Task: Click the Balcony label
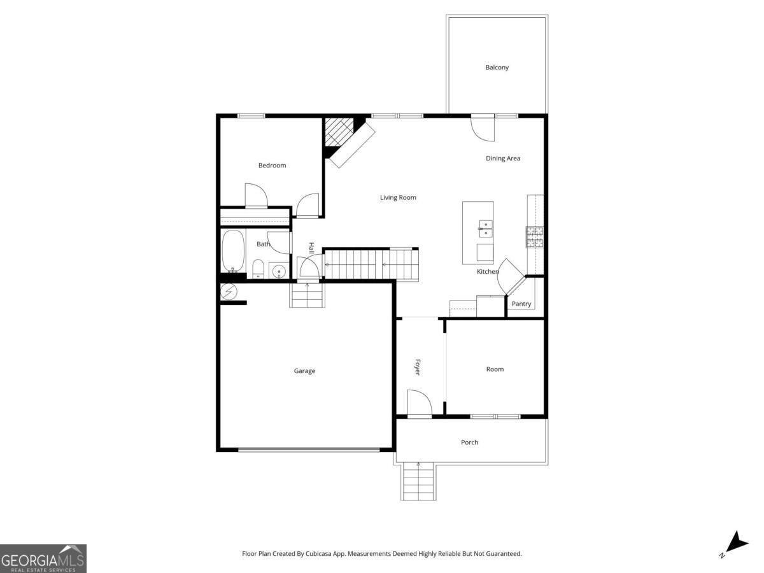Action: tap(497, 67)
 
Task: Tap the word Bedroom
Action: tap(272, 166)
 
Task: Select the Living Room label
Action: tap(398, 197)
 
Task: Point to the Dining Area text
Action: tap(503, 159)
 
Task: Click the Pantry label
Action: tap(521, 304)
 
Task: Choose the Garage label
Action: tap(304, 371)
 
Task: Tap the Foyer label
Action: tap(418, 367)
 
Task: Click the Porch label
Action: tap(469, 442)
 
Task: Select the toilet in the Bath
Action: tap(258, 269)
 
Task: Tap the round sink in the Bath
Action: tap(278, 272)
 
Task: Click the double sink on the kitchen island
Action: tap(485, 225)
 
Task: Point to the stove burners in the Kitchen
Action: tap(534, 236)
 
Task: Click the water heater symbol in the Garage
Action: tap(229, 292)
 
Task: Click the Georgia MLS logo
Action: tap(43, 558)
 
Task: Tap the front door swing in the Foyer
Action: tap(419, 404)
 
